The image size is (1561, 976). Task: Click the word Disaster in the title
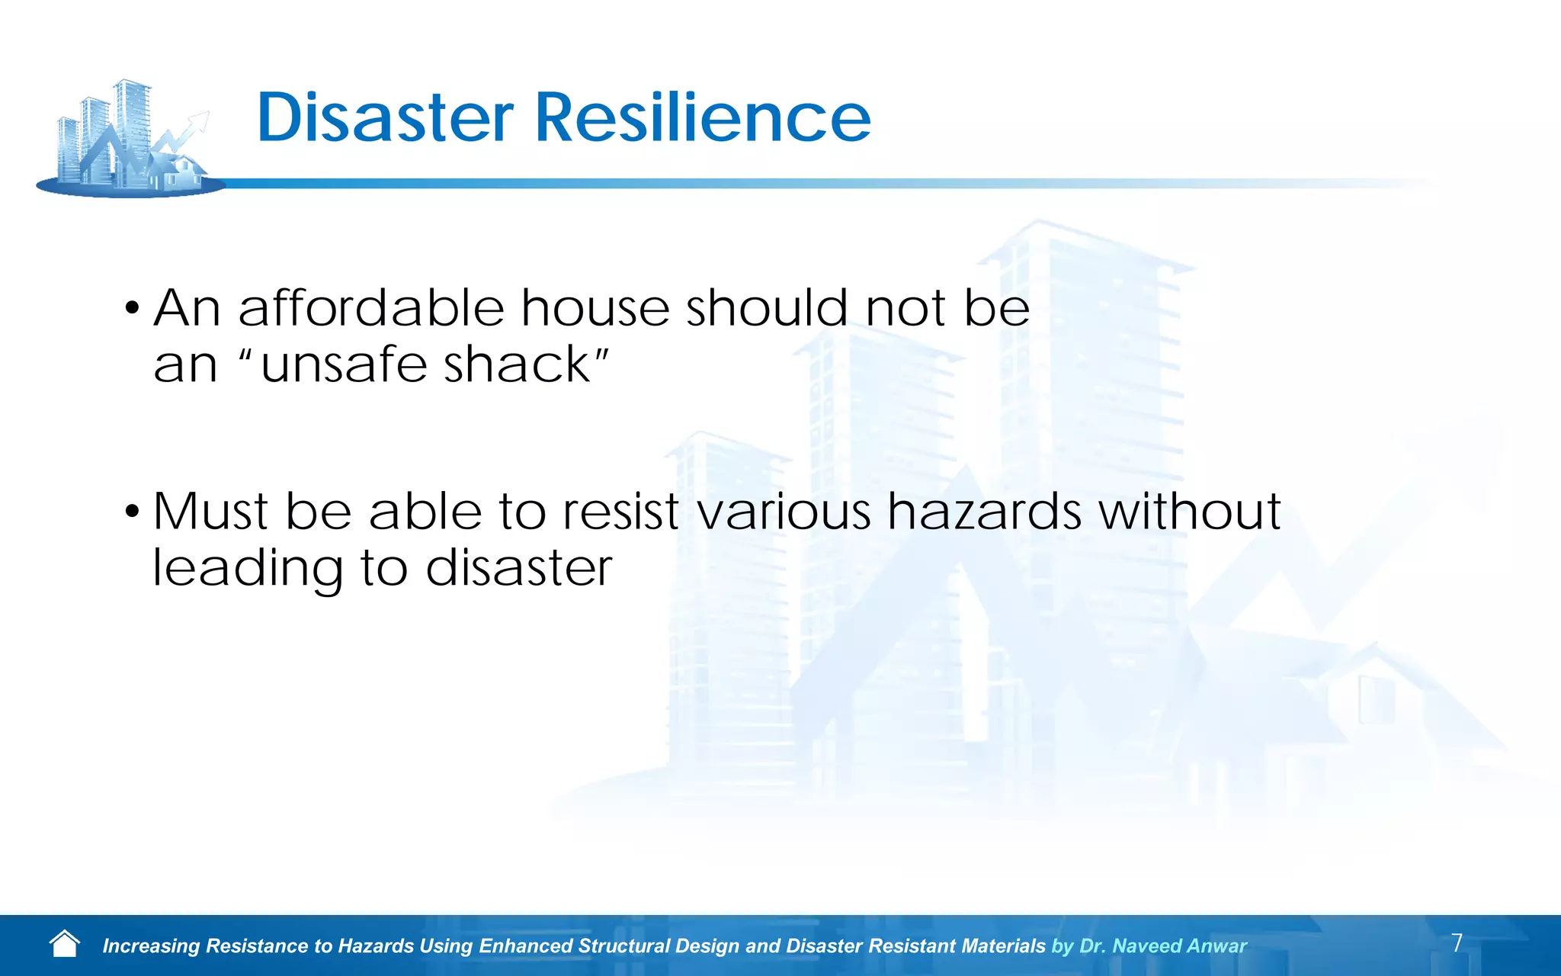click(385, 118)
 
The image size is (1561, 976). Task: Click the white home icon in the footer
click(64, 944)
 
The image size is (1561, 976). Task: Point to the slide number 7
click(1457, 942)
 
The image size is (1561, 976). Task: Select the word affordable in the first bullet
click(371, 308)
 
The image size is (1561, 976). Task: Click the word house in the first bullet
click(595, 308)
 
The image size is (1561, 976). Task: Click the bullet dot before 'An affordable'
click(133, 310)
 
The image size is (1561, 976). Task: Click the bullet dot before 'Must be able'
click(133, 512)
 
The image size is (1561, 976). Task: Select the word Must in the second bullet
click(210, 511)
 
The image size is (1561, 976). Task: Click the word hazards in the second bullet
click(984, 511)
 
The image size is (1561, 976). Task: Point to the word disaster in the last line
click(518, 568)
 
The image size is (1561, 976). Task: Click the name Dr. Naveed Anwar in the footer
click(1163, 946)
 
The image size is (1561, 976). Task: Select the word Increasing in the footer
click(151, 946)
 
